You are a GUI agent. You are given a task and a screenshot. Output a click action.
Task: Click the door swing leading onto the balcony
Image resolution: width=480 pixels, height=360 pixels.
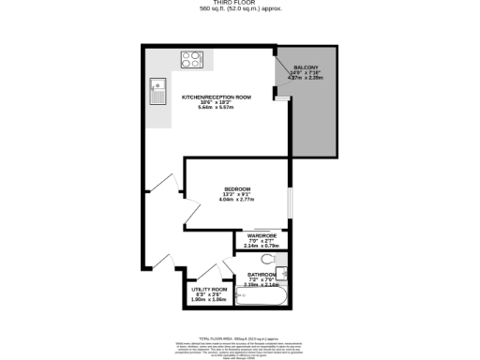coord(279,93)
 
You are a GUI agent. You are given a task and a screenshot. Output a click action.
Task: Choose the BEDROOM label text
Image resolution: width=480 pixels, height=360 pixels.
coord(236,189)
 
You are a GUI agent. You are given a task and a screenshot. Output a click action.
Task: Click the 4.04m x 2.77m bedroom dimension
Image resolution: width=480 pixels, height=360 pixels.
coord(236,200)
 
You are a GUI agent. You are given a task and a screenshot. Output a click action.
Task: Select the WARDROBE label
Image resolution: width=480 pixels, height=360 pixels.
coord(262,235)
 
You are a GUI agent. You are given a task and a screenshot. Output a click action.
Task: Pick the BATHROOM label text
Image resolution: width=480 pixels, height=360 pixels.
coord(262,275)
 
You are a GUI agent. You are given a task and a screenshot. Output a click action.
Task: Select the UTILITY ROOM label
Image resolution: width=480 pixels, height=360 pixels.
coord(210,290)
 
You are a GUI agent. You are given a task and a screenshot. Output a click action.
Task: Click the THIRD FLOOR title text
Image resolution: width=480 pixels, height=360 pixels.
coord(240,3)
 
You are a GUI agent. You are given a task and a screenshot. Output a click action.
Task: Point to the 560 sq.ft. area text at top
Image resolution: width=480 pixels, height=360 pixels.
coord(240,9)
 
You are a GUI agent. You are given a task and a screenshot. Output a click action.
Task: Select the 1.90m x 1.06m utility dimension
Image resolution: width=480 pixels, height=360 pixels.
coord(210,300)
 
